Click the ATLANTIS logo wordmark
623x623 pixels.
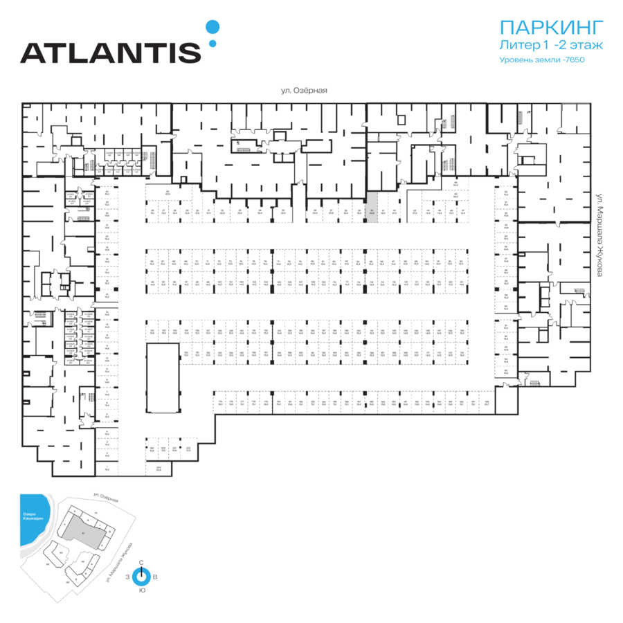click(x=110, y=52)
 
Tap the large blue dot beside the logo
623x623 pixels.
click(x=213, y=27)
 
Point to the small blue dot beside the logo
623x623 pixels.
click(x=213, y=44)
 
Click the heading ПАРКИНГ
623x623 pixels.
click(x=551, y=28)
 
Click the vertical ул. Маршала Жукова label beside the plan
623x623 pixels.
click(x=601, y=236)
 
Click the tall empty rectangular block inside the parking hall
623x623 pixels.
click(x=163, y=377)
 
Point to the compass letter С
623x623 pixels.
click(x=141, y=562)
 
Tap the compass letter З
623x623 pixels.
click(x=127, y=576)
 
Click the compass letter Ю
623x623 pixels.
click(x=141, y=590)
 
